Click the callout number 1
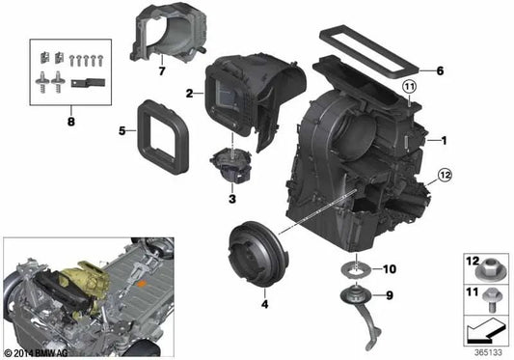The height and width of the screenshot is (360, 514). click(445, 141)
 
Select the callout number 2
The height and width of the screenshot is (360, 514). click(190, 94)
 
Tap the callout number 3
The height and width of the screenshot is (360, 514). click(231, 199)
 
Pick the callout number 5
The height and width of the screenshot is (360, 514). click(122, 128)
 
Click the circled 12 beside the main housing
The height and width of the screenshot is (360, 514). click(445, 175)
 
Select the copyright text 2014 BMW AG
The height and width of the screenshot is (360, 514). click(37, 352)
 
